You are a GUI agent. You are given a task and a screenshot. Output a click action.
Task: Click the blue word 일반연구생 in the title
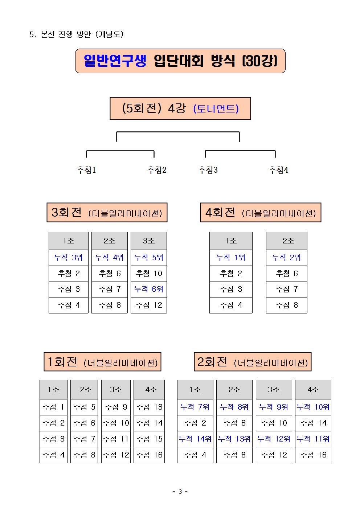point(115,61)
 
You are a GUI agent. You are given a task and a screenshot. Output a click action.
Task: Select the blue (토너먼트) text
point(216,108)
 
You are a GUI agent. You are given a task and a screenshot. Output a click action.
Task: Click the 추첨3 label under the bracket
point(208,170)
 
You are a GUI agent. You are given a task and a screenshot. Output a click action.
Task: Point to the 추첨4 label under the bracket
point(278,170)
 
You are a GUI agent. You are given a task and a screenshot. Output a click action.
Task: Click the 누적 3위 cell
point(69,258)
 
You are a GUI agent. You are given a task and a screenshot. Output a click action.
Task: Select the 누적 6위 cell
point(149,289)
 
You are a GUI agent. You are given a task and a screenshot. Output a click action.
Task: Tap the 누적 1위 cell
point(231,258)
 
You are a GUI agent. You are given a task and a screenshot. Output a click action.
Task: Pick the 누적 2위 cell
point(286,258)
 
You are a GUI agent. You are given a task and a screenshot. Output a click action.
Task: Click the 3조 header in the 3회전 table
point(149,241)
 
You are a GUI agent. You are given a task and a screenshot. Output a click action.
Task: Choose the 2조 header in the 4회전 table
point(287,241)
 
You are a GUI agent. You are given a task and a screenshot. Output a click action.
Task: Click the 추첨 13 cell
point(149,407)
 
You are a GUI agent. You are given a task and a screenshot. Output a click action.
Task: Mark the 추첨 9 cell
point(116,407)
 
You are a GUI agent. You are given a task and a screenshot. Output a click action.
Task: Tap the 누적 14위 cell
point(195,439)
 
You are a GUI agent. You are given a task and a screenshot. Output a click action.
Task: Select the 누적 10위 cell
point(313,407)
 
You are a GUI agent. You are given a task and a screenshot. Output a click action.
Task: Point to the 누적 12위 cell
point(274,439)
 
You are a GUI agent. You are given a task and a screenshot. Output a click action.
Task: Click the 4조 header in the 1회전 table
point(149,390)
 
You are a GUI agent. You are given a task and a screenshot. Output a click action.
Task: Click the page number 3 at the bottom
point(180,492)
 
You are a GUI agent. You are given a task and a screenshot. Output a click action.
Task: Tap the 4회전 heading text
point(220,213)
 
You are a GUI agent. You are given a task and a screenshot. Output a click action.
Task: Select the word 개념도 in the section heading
point(109,34)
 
